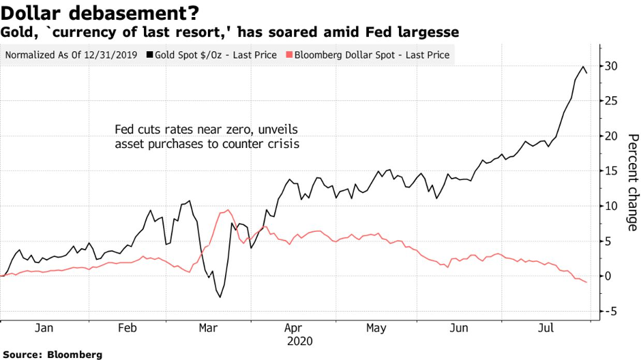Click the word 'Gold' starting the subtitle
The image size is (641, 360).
coord(14,32)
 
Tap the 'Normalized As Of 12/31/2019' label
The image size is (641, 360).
coord(70,55)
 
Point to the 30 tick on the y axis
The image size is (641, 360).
coord(612,66)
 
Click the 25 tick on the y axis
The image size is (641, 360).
coord(612,101)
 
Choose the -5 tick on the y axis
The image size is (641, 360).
coord(612,311)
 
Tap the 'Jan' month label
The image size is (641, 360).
coord(44,328)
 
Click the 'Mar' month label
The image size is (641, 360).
coord(208,328)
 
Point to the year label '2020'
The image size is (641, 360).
coord(300,340)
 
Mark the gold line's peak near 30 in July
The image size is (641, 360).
coord(583,67)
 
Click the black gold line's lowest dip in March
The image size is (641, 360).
coord(220,297)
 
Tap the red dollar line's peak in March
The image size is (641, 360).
coord(228,210)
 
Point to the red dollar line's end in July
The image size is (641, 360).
coord(586,282)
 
